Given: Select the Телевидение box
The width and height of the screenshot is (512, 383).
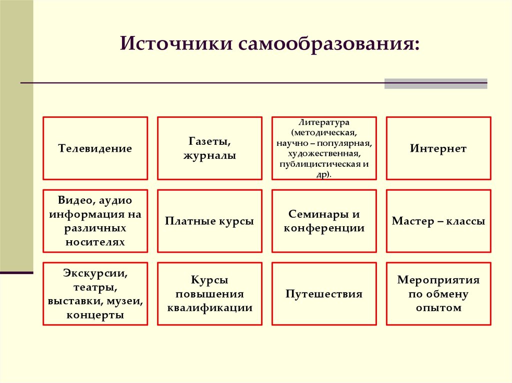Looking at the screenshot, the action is point(95,148).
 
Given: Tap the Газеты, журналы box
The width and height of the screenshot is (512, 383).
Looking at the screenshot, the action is point(209,148).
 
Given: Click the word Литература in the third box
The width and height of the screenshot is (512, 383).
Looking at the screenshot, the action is point(324,122).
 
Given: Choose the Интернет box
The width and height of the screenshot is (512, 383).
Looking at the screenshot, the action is point(438,148).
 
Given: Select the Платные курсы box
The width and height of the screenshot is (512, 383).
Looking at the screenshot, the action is point(209,221).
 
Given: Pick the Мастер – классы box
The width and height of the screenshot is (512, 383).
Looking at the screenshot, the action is point(438,221).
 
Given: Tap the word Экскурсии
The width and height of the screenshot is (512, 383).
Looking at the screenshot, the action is point(95,273).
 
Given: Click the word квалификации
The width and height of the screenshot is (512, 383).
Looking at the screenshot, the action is point(209,308).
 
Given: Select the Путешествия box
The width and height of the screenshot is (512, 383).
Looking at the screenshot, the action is point(324,294).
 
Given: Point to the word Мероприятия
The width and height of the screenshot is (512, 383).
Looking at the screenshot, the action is point(438,280).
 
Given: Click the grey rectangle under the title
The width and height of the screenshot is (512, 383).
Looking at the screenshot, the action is point(435,84).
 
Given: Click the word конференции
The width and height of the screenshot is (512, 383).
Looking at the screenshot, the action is point(324,228).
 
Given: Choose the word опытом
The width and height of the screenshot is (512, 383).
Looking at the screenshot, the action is point(438,308).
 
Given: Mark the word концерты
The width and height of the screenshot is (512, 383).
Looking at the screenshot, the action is point(95,315).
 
